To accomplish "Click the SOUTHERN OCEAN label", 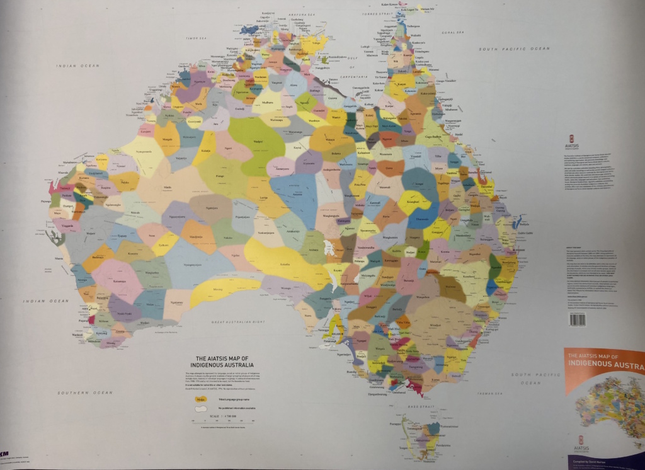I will (x=76, y=392).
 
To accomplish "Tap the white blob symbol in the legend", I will (x=200, y=408).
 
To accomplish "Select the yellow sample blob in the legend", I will (x=200, y=398).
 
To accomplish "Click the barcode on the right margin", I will (x=577, y=320).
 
